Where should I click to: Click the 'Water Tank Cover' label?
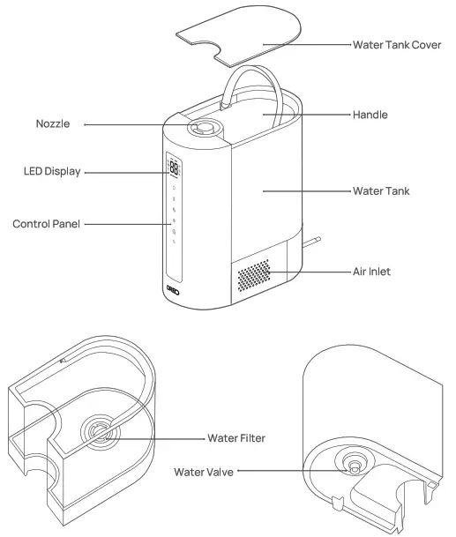pos(396,45)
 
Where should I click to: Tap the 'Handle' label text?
pos(370,115)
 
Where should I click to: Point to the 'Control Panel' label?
pos(46,224)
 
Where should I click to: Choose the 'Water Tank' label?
pos(380,190)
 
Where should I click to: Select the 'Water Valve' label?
pos(205,473)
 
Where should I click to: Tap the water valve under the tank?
pos(353,466)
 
